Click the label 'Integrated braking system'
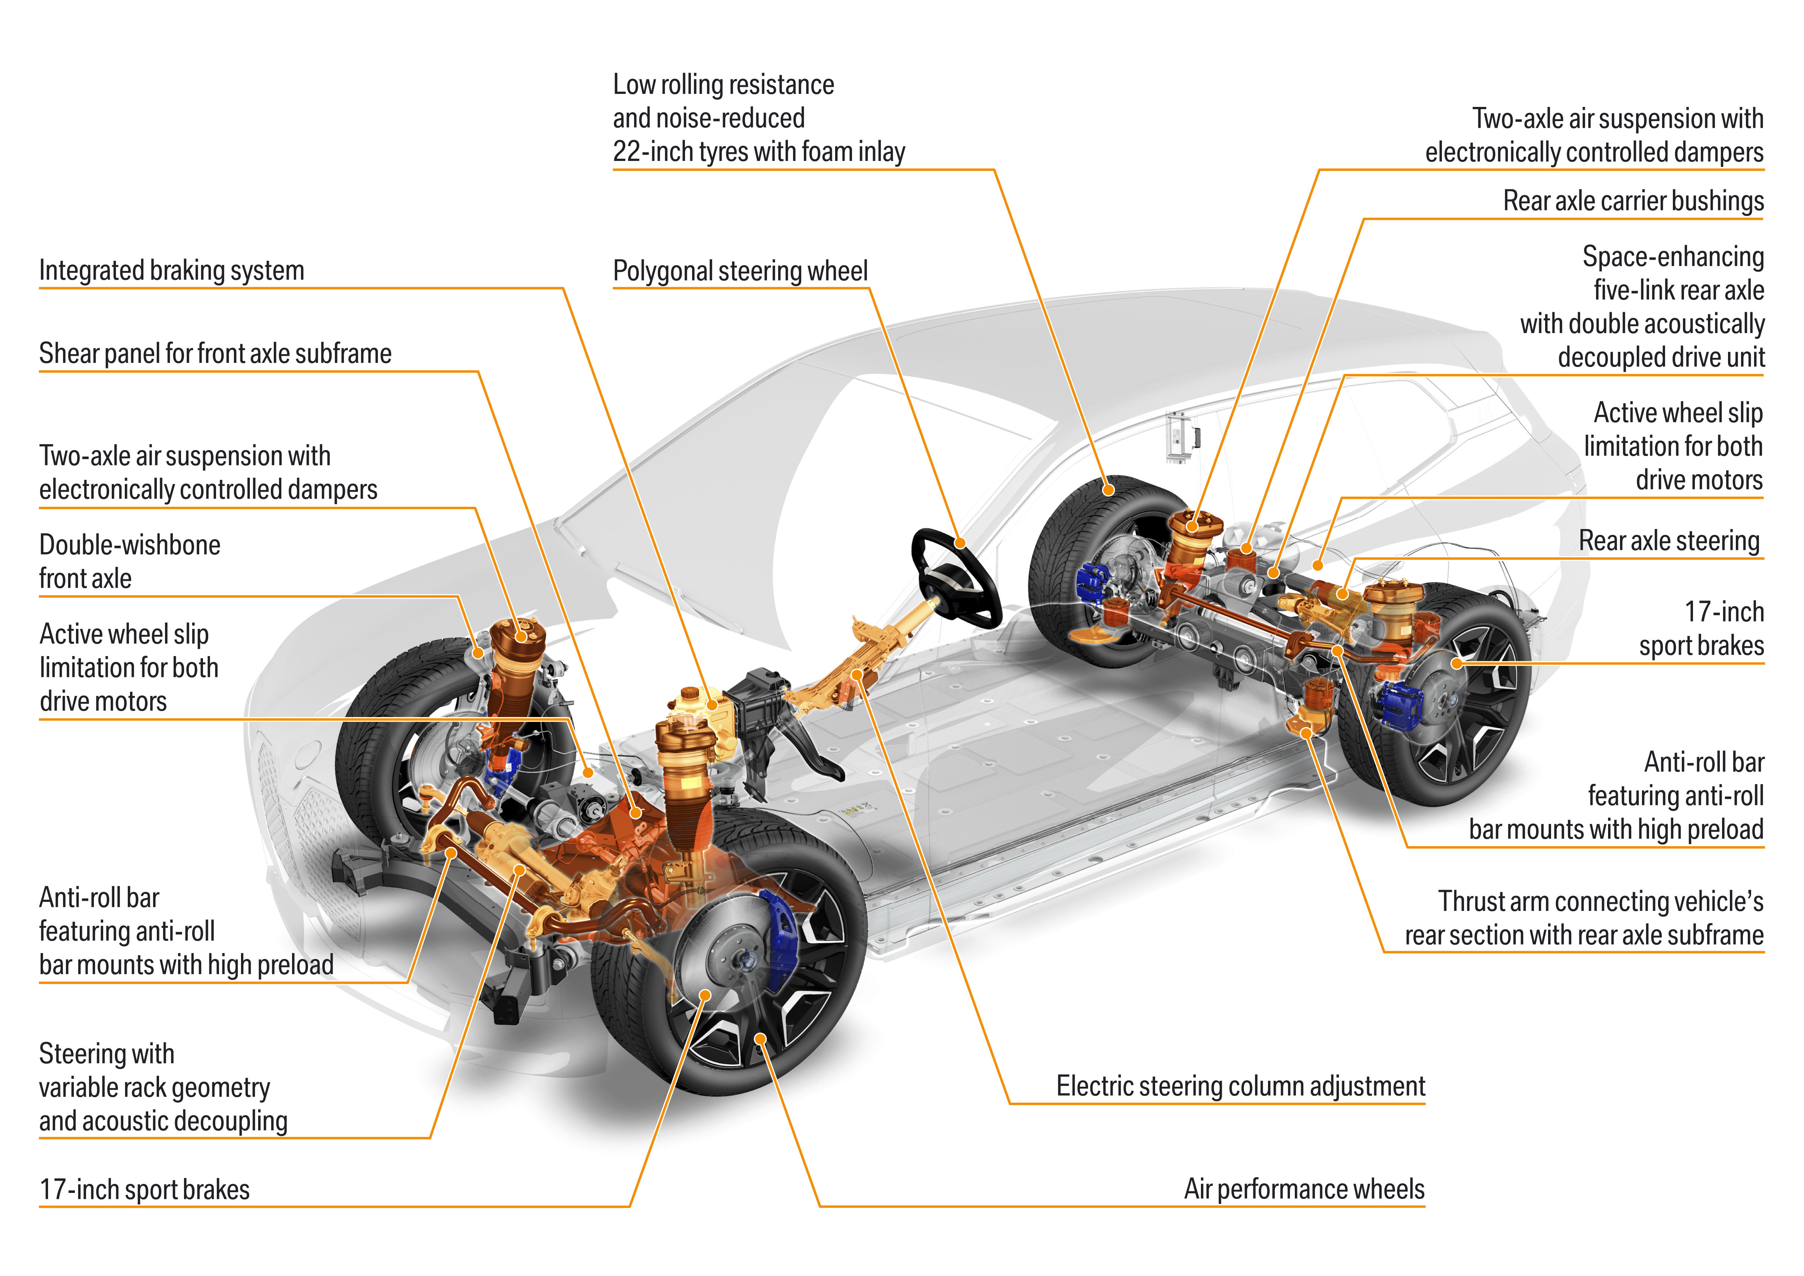coord(171,270)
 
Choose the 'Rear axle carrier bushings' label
coord(1633,201)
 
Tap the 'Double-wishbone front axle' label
coord(130,561)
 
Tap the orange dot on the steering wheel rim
coord(960,543)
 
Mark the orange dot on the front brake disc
coord(705,995)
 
